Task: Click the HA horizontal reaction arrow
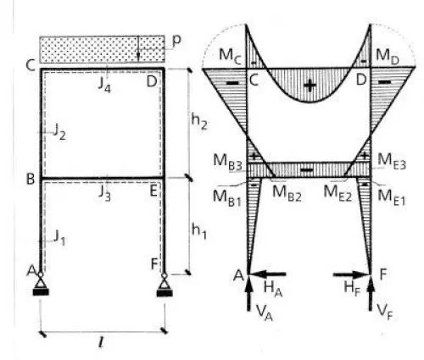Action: click(x=269, y=274)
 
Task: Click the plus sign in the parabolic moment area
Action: click(x=309, y=85)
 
